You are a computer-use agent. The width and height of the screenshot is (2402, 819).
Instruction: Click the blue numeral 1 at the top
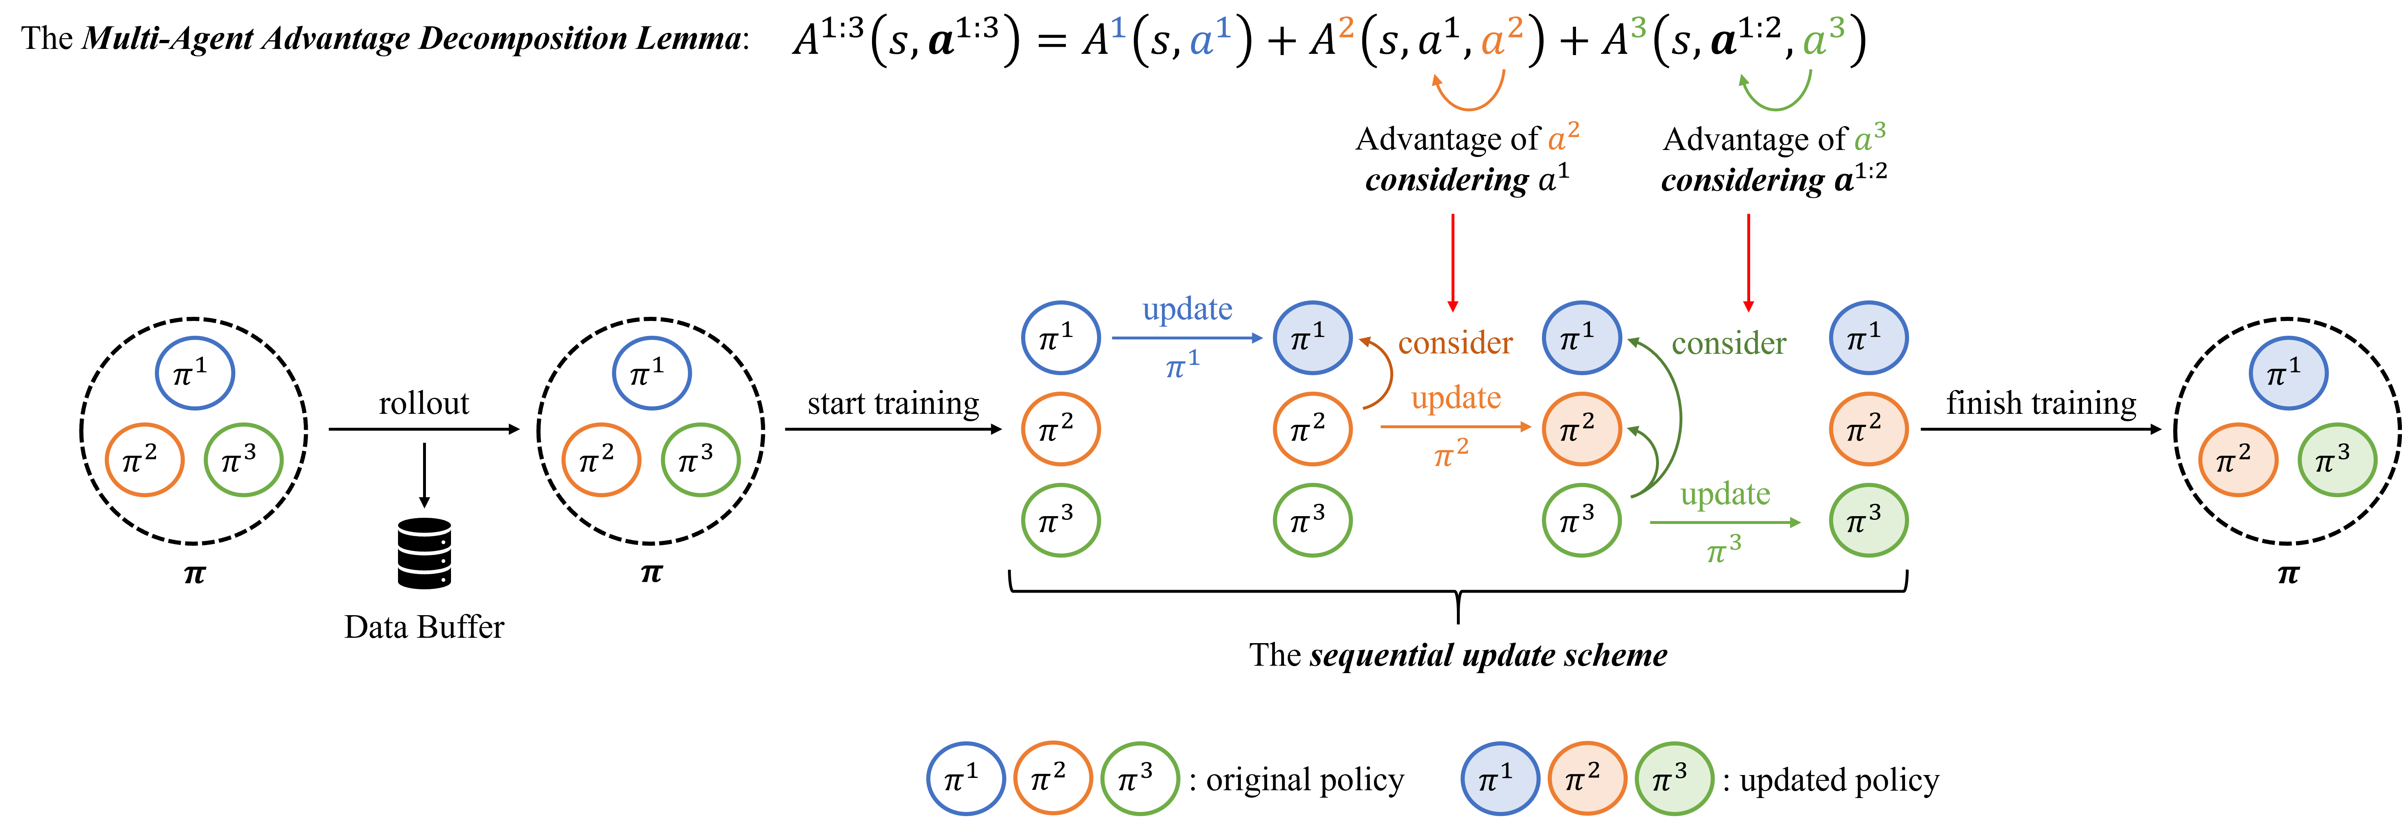click(x=1118, y=28)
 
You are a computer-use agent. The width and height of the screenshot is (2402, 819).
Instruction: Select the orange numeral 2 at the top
click(x=1346, y=28)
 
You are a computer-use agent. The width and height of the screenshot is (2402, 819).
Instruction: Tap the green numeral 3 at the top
click(x=1638, y=28)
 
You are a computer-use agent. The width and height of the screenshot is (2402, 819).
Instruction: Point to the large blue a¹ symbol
click(x=1209, y=39)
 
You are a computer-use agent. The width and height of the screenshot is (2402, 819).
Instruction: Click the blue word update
click(x=1187, y=309)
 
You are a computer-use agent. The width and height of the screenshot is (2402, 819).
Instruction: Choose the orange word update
click(x=1456, y=398)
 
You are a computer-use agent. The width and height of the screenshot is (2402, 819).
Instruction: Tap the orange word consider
click(x=1454, y=343)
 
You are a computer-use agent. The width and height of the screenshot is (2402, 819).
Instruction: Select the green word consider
click(x=1728, y=343)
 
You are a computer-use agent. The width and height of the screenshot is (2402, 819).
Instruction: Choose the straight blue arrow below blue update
click(x=1186, y=338)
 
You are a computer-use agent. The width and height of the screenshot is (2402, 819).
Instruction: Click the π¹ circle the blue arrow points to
click(x=1312, y=338)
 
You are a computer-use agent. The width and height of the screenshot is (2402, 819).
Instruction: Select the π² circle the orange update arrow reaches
click(x=1581, y=429)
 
